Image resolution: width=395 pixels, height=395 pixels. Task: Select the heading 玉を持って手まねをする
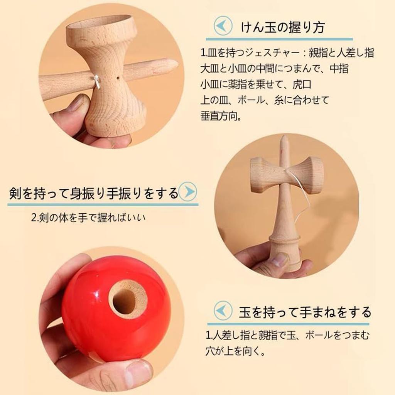(304, 311)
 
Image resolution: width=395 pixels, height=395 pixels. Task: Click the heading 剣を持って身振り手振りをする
(94, 192)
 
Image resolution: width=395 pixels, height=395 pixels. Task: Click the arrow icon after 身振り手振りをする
(188, 191)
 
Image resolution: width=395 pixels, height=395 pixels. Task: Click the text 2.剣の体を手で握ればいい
(88, 218)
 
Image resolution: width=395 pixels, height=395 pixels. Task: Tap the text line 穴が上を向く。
(235, 352)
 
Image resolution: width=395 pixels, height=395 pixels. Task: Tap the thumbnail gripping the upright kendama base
(279, 260)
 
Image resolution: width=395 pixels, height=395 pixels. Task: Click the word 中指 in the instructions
(339, 69)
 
